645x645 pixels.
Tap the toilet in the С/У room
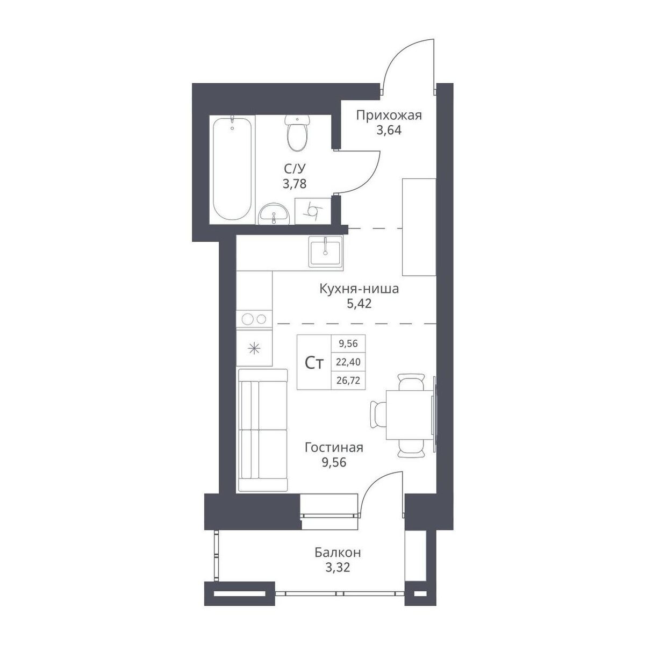pos(297,132)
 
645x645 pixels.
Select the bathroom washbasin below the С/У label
pos(274,214)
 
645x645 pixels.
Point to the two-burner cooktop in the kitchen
pos(254,319)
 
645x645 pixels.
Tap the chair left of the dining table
pos(378,414)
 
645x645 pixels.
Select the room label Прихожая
pos(389,116)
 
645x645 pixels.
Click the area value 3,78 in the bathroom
pos(295,184)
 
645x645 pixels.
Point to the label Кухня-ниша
pos(359,289)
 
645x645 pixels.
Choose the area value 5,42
pos(360,304)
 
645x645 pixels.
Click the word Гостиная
pos(334,447)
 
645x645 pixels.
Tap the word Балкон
pos(338,553)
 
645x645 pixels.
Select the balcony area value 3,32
pos(338,568)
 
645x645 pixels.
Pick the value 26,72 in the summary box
pos(348,380)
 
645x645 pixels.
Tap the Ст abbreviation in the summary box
pos(314,363)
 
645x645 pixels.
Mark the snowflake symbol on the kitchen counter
pos(254,349)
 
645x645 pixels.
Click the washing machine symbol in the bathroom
pos(312,211)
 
